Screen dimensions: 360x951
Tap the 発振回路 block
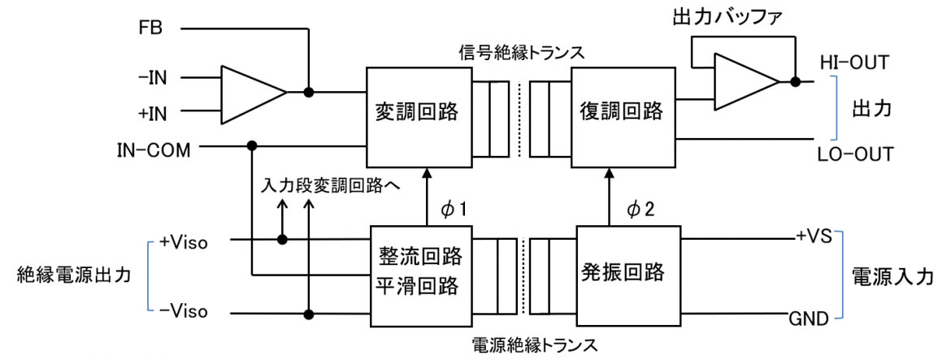coord(627,271)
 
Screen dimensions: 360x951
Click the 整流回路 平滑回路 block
coord(420,273)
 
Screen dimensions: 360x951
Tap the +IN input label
coord(152,111)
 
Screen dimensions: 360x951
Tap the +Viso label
coord(182,241)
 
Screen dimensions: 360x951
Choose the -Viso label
coord(183,311)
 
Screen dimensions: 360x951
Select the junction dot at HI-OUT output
coord(796,83)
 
